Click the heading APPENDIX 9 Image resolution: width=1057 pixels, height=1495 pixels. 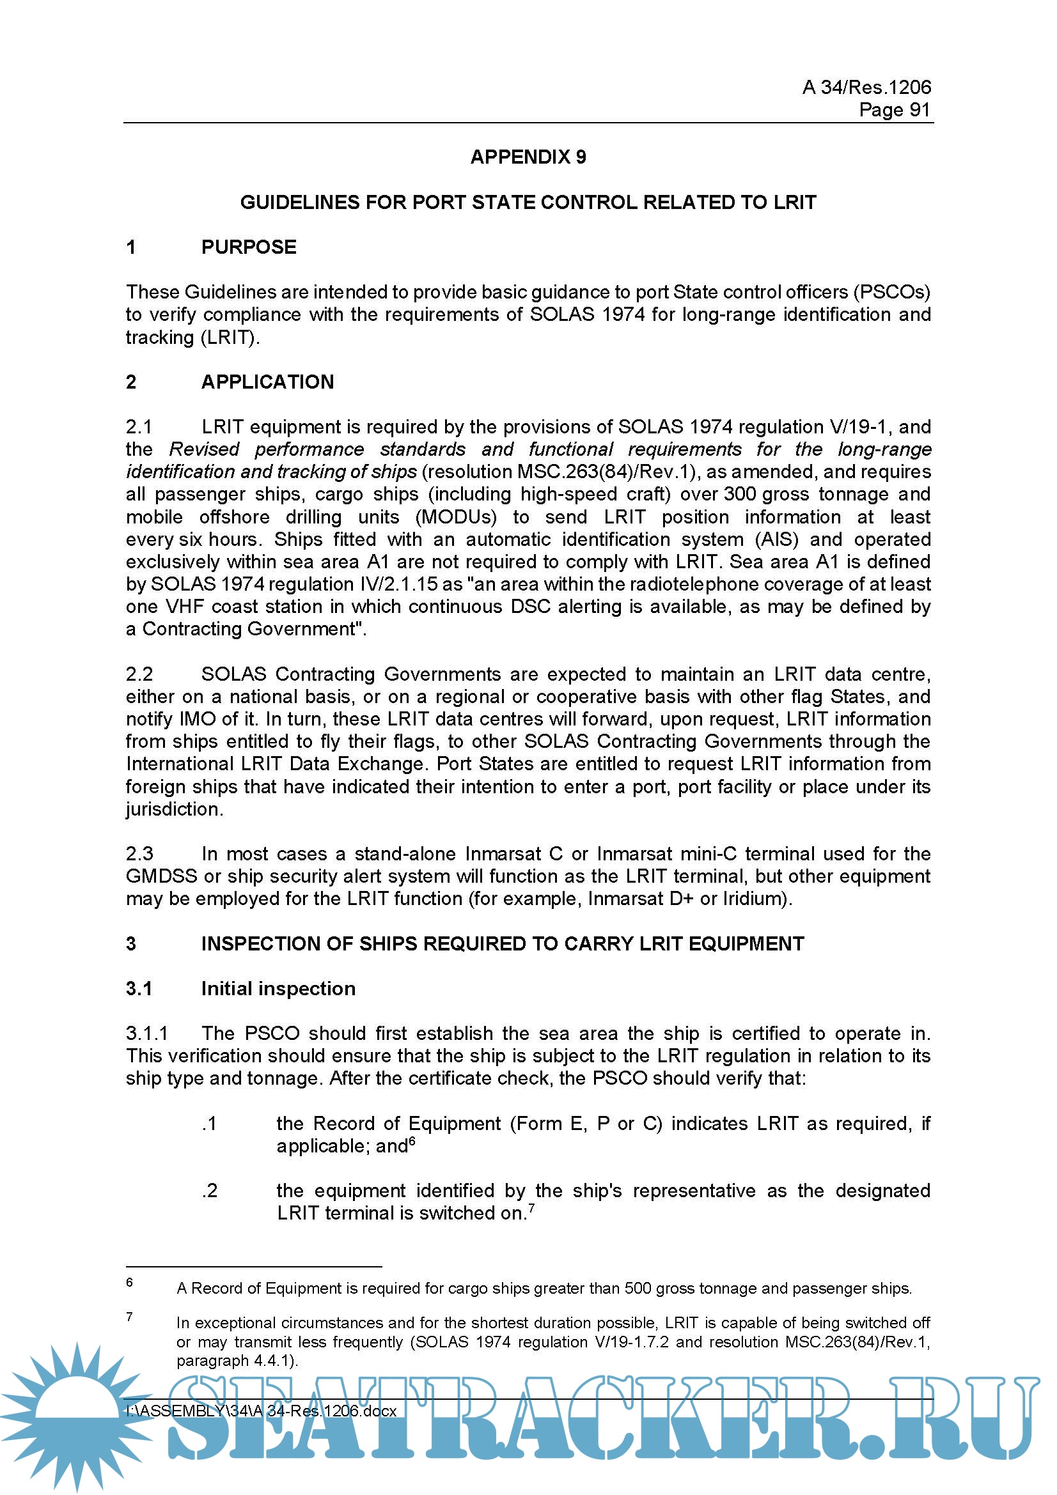tap(528, 157)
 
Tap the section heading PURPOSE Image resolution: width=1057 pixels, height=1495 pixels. tap(248, 247)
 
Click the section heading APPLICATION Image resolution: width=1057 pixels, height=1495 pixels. tap(267, 382)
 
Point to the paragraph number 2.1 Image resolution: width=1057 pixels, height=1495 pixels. tap(139, 427)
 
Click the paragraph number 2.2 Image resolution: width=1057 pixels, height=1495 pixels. tap(139, 674)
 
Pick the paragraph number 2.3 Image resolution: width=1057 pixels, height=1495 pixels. tap(139, 854)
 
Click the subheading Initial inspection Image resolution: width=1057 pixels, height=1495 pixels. tap(278, 988)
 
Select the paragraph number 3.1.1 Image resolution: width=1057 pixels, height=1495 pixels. tap(146, 1034)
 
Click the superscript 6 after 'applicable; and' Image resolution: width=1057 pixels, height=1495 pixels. tap(412, 1140)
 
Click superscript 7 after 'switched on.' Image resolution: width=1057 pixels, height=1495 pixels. tap(531, 1208)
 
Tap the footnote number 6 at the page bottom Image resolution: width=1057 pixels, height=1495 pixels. tap(130, 1282)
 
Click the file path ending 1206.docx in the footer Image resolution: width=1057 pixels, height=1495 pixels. tap(260, 1411)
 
